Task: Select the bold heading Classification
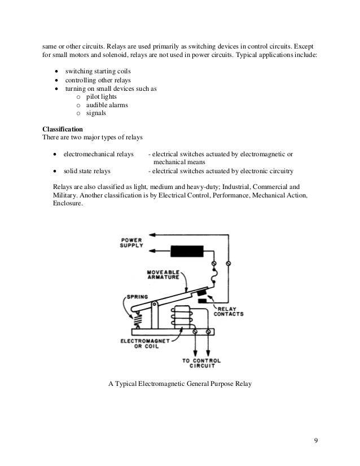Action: click(62, 129)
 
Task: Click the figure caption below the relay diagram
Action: click(179, 385)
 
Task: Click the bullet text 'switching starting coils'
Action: click(100, 73)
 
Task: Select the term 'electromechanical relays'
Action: click(98, 154)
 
